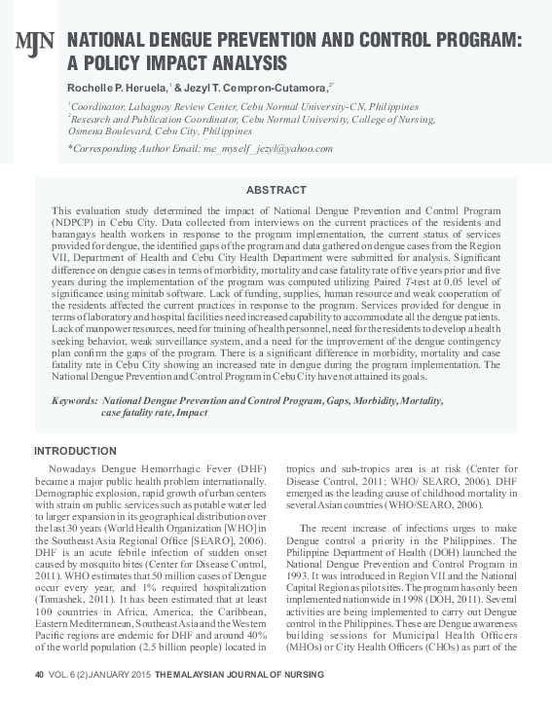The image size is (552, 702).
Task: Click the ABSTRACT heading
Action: coord(276,189)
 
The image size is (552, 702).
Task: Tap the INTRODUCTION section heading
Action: coord(75,451)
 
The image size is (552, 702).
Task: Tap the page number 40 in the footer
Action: coord(40,676)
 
